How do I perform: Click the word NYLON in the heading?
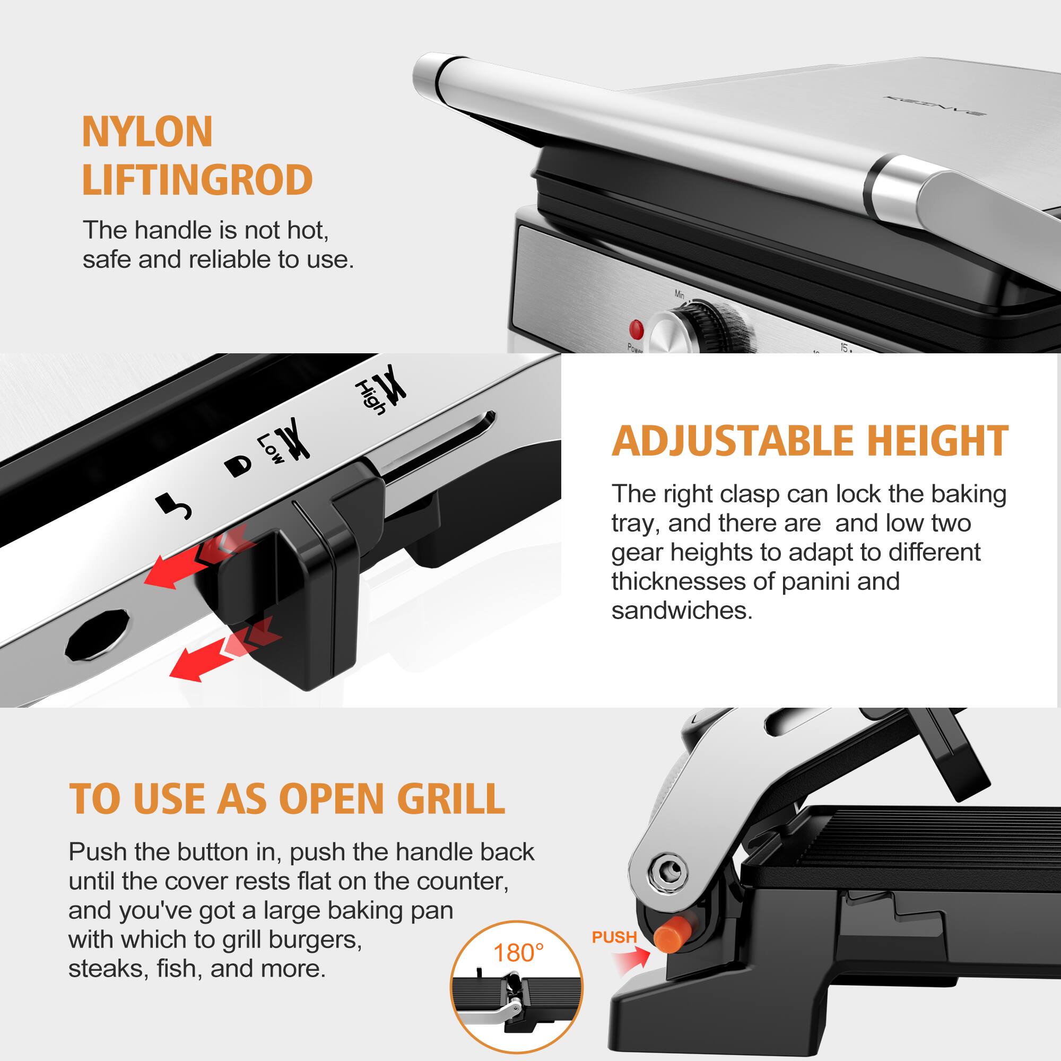point(147,132)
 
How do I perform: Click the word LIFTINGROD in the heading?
point(197,181)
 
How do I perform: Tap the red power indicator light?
point(636,329)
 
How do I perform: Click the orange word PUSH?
point(614,937)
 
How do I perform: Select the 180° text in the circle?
point(518,953)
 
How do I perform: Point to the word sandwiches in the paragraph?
point(682,611)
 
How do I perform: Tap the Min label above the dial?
point(680,294)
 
